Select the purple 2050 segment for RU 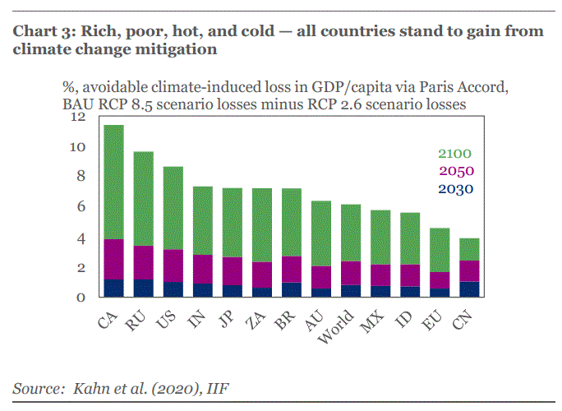143,262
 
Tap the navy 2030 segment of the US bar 173,289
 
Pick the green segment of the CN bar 468,249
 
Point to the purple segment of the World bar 351,273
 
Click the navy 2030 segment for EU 440,293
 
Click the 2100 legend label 455,154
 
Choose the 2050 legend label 455,171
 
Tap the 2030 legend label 455,189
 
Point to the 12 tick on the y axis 78,118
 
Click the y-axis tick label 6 81,207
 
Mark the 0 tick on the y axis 81,298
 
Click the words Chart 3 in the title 42,32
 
